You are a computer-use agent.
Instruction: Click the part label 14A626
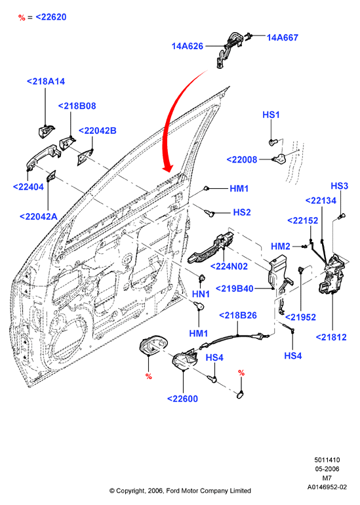tap(188, 46)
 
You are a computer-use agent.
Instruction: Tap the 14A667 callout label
tap(283, 37)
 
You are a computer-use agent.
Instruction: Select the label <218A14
tap(46, 81)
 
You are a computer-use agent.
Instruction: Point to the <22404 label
tap(28, 187)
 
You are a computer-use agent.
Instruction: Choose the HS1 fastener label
tap(271, 115)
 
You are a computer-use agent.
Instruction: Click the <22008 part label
tap(242, 159)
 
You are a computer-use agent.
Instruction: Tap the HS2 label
tap(242, 212)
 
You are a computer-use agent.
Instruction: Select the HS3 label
tap(340, 186)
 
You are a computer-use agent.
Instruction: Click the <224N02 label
tap(229, 266)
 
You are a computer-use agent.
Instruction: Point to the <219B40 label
tap(234, 289)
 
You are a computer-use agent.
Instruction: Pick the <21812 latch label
tap(331, 337)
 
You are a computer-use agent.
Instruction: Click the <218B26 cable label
tap(238, 315)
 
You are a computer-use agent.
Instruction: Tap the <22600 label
tap(182, 399)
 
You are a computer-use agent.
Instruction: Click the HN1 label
tap(201, 294)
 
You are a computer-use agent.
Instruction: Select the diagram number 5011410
tap(327, 460)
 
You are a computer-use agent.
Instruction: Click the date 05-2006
tap(327, 469)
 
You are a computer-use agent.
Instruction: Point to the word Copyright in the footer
tap(130, 491)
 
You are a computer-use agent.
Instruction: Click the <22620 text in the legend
tap(51, 17)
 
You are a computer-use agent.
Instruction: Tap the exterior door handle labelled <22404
tap(43, 155)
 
